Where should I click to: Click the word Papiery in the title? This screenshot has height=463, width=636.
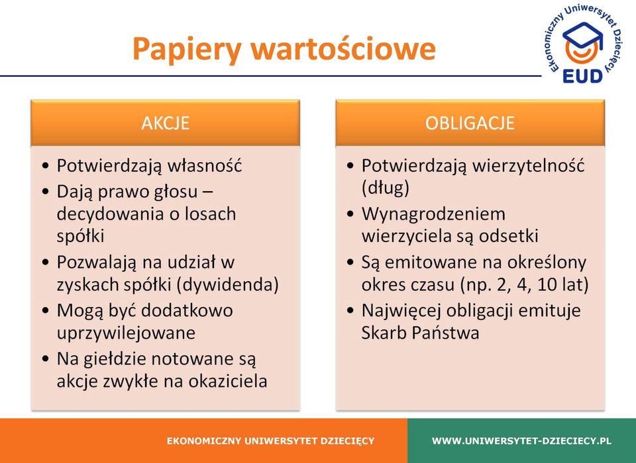(x=187, y=50)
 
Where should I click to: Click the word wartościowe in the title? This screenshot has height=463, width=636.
(x=343, y=48)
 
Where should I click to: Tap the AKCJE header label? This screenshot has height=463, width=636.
(x=166, y=123)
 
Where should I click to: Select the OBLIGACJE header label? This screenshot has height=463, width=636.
(x=470, y=123)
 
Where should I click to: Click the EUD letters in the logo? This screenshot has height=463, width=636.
(x=582, y=76)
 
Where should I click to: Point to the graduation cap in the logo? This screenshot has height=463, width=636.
(x=583, y=36)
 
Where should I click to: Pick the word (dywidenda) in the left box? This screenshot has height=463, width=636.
(x=229, y=285)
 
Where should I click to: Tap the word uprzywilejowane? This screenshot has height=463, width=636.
(x=126, y=333)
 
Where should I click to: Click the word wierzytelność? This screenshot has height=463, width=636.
(x=529, y=166)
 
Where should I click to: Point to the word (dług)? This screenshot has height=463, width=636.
(x=386, y=189)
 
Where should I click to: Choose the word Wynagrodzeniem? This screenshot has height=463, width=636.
(x=433, y=214)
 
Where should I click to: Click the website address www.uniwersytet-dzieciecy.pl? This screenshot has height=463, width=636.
(x=521, y=441)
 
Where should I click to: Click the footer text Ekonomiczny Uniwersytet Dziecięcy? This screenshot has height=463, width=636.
(x=270, y=441)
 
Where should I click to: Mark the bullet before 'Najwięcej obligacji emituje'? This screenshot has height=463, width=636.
(x=351, y=311)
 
